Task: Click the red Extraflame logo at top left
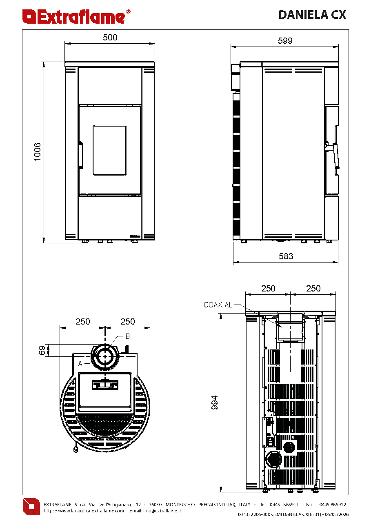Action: (76, 17)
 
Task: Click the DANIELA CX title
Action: (312, 15)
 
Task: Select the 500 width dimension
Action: (110, 38)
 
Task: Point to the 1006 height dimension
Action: (38, 152)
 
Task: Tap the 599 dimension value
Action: (285, 41)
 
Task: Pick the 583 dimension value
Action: (286, 256)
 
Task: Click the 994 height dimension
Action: (215, 403)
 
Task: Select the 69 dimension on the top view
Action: (42, 350)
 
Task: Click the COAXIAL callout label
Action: (218, 305)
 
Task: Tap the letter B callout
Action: (127, 336)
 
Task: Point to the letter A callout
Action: (80, 364)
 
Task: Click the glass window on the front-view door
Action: (110, 150)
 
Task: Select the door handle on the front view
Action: (81, 155)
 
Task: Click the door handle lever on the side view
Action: (336, 156)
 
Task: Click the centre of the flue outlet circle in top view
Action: (105, 356)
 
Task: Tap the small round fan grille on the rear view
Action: (290, 447)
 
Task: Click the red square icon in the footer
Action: (31, 507)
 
